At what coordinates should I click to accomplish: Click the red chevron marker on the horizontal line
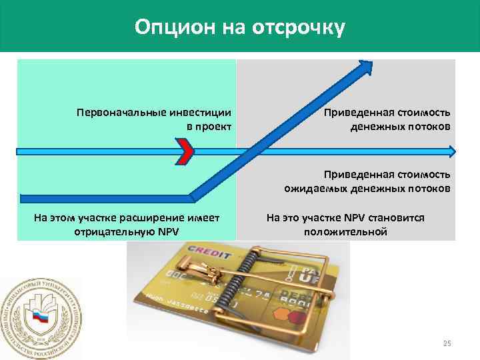click(x=187, y=152)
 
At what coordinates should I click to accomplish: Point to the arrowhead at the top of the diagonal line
click(x=365, y=67)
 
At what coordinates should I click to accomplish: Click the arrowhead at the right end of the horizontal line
click(x=452, y=152)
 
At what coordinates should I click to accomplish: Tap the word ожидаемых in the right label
click(x=311, y=189)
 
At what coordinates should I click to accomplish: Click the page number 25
click(x=447, y=343)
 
